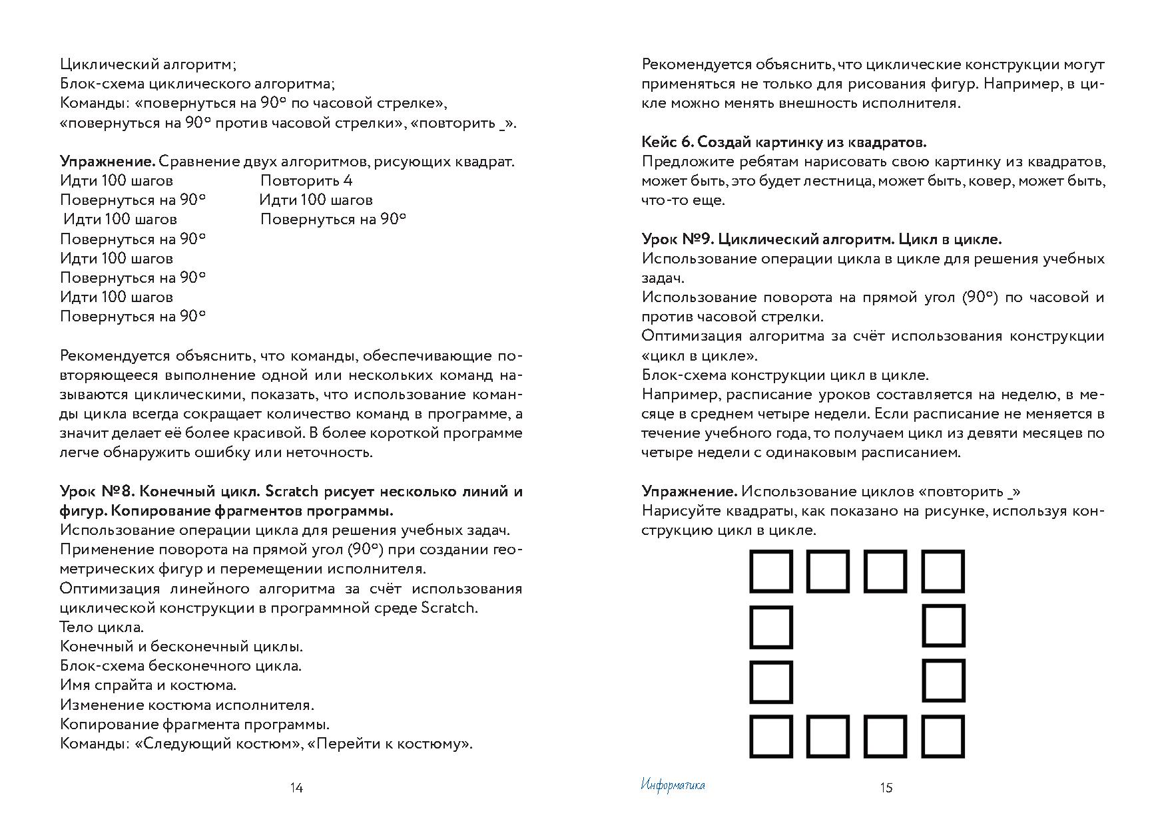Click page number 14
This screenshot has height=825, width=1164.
[296, 788]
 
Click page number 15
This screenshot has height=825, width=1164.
[886, 788]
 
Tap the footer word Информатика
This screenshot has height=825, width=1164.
[673, 785]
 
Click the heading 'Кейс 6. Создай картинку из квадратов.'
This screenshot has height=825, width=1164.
[784, 142]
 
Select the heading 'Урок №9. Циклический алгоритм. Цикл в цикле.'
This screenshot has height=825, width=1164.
[821, 239]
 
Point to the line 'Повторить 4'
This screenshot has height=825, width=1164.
[306, 180]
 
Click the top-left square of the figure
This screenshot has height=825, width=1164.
[771, 571]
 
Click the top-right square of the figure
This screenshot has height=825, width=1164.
[943, 571]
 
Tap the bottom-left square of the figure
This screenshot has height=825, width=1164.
[771, 737]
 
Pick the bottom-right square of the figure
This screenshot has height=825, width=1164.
[943, 737]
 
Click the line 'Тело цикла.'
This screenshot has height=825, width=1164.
[101, 627]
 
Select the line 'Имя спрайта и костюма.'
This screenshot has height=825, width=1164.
[148, 685]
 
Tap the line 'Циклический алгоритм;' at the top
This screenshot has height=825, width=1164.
[148, 65]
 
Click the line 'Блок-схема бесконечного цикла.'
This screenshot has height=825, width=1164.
[180, 665]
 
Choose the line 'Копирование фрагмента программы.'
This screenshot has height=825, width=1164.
[194, 724]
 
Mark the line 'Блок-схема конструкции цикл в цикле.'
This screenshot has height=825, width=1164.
[785, 375]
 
